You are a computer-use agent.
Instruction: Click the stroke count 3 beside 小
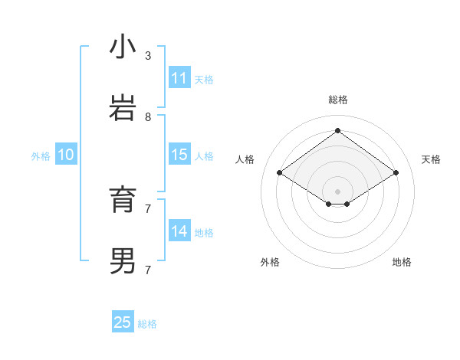point(148,56)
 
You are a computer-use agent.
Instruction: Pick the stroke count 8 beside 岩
point(148,117)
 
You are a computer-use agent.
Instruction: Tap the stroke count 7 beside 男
point(148,270)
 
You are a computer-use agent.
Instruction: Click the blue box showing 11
point(179,78)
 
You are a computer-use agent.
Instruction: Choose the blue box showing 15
point(179,155)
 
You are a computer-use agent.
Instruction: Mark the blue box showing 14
point(179,231)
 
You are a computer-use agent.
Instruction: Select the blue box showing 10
point(66,155)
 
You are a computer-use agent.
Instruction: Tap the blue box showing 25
point(123,322)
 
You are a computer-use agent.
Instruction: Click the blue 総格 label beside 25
point(147,324)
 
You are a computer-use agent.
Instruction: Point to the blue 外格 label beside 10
point(41,156)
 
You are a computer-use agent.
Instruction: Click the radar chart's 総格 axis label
point(338,100)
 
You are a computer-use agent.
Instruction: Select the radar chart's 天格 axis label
point(432,159)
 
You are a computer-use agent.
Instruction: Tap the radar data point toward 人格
point(280,173)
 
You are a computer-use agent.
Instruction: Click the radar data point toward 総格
point(337,130)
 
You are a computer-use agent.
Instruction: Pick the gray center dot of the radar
point(337,191)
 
